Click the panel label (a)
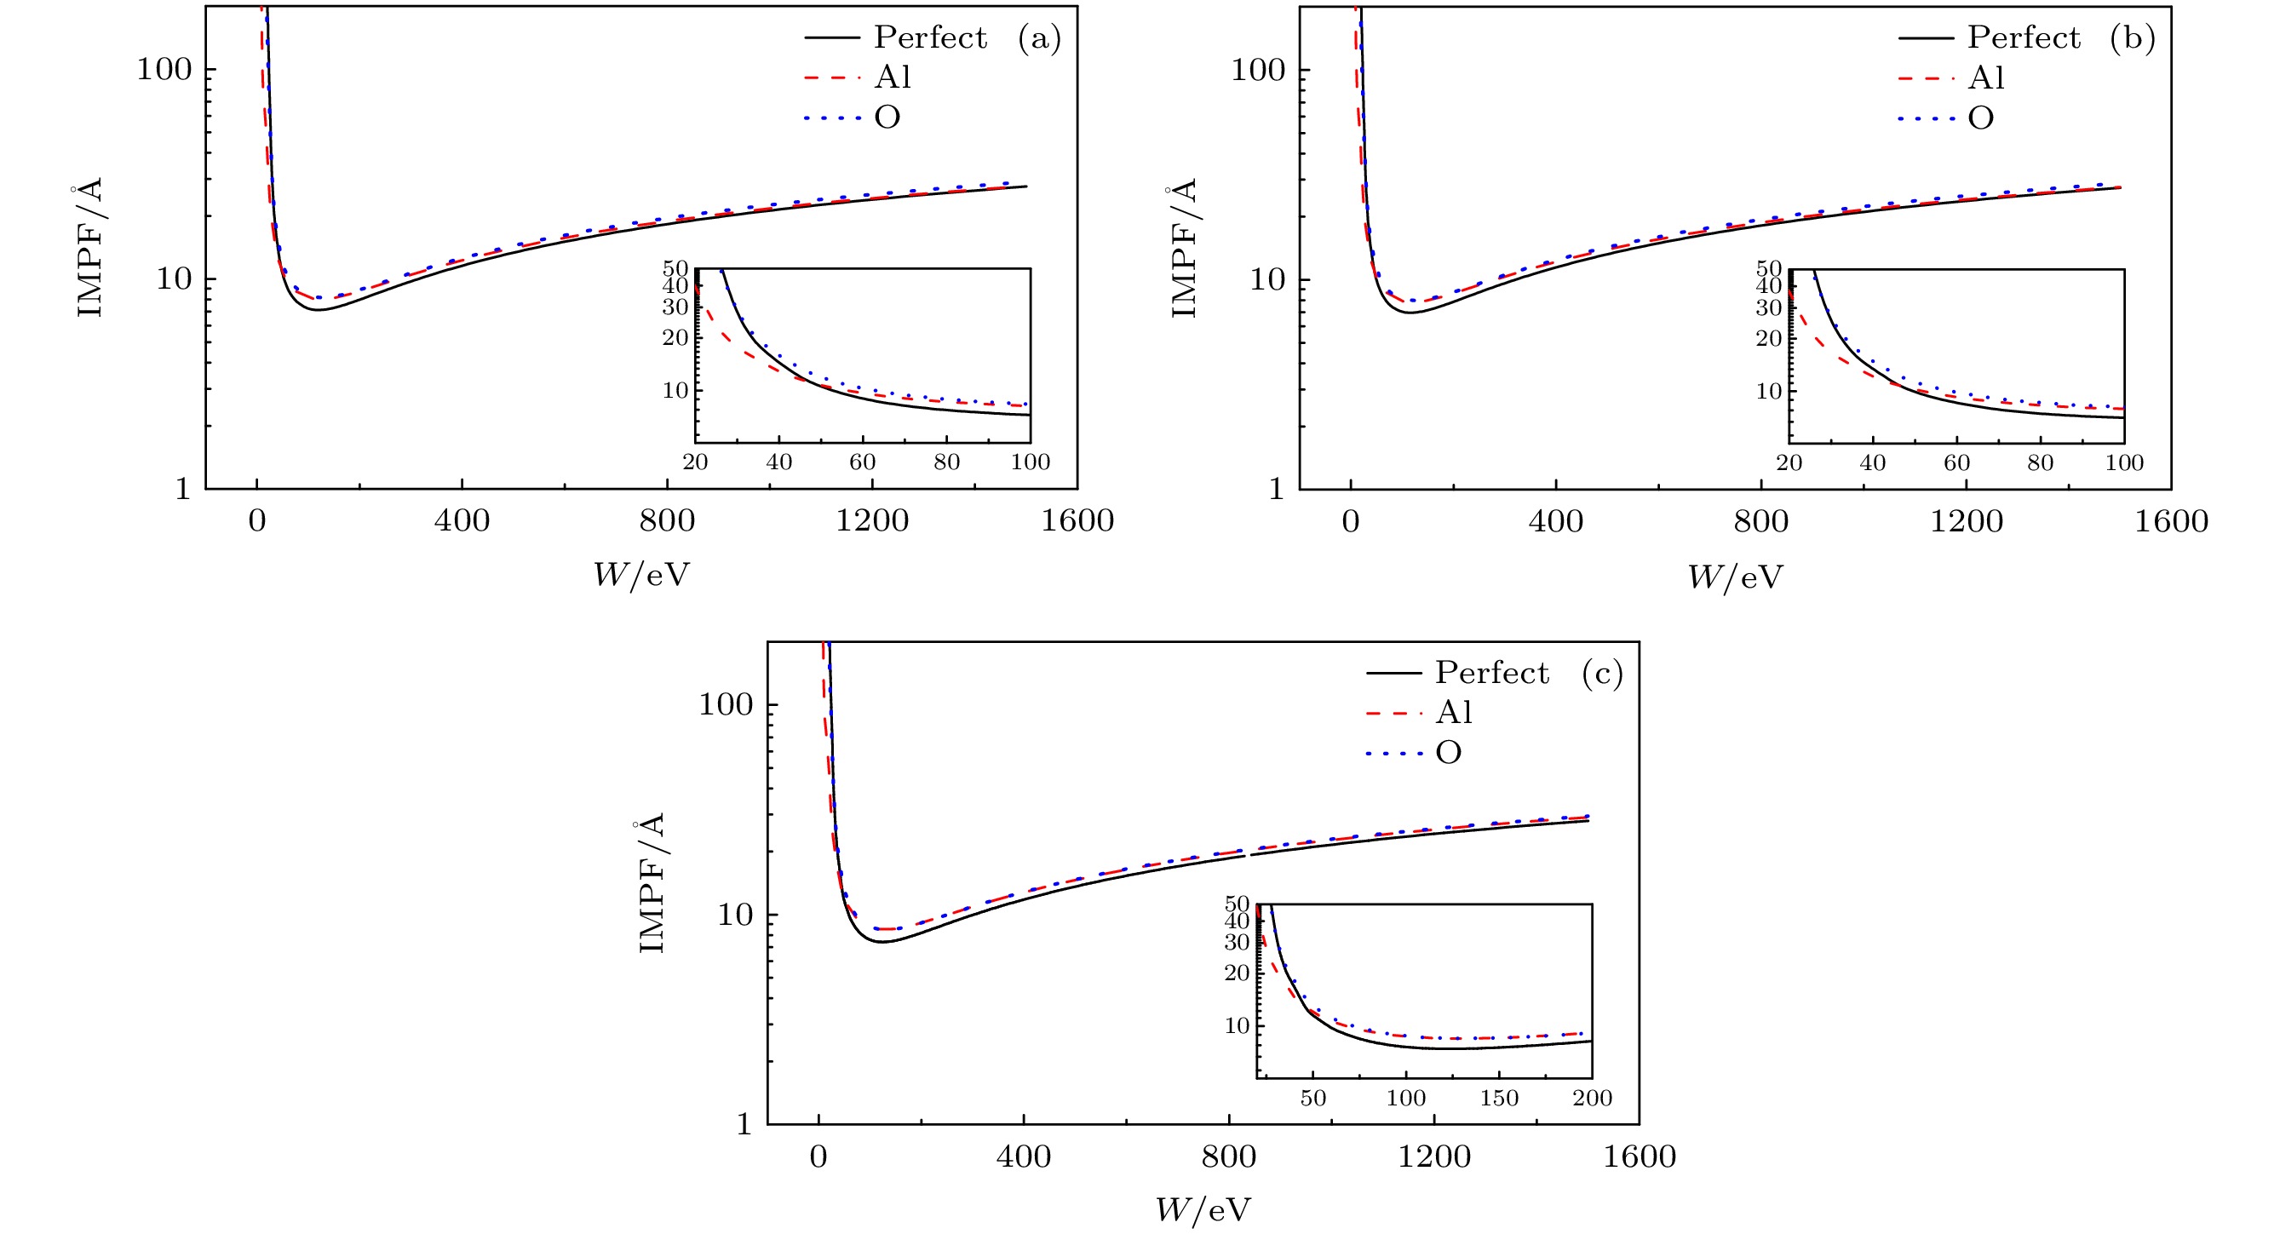pyautogui.click(x=1039, y=38)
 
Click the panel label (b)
pyautogui.click(x=2132, y=38)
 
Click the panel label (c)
pyautogui.click(x=1602, y=674)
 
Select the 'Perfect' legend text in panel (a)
pyautogui.click(x=930, y=38)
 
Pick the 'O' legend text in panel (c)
pyautogui.click(x=1448, y=754)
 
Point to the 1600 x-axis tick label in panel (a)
pyautogui.click(x=1077, y=521)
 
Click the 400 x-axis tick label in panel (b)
pyautogui.click(x=1555, y=521)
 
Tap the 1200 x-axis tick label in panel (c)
pyautogui.click(x=1434, y=1157)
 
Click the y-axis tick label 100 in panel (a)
pyautogui.click(x=164, y=69)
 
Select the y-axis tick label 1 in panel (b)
pyautogui.click(x=1275, y=489)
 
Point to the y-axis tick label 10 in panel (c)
pyautogui.click(x=735, y=915)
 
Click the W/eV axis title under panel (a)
pyautogui.click(x=640, y=576)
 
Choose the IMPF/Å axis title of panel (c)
pyautogui.click(x=651, y=882)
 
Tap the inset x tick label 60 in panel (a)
pyautogui.click(x=862, y=462)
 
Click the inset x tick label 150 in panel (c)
pyautogui.click(x=1498, y=1099)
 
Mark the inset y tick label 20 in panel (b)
pyautogui.click(x=1768, y=338)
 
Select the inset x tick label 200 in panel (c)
pyautogui.click(x=1591, y=1099)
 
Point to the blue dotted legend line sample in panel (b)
pyautogui.click(x=1926, y=118)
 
